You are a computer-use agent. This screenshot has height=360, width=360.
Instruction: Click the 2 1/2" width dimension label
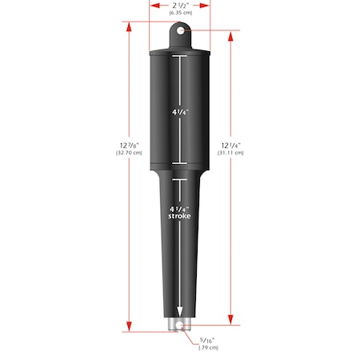coord(179,5)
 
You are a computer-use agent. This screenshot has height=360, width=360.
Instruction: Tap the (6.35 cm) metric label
coord(179,14)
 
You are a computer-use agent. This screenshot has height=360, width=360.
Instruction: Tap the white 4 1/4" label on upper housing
coord(180,112)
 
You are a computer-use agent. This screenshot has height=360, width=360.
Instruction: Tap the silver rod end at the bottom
coord(180,324)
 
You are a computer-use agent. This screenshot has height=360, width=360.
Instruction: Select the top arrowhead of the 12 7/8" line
coord(128,24)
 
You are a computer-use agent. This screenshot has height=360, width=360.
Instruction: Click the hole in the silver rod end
coord(180,326)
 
